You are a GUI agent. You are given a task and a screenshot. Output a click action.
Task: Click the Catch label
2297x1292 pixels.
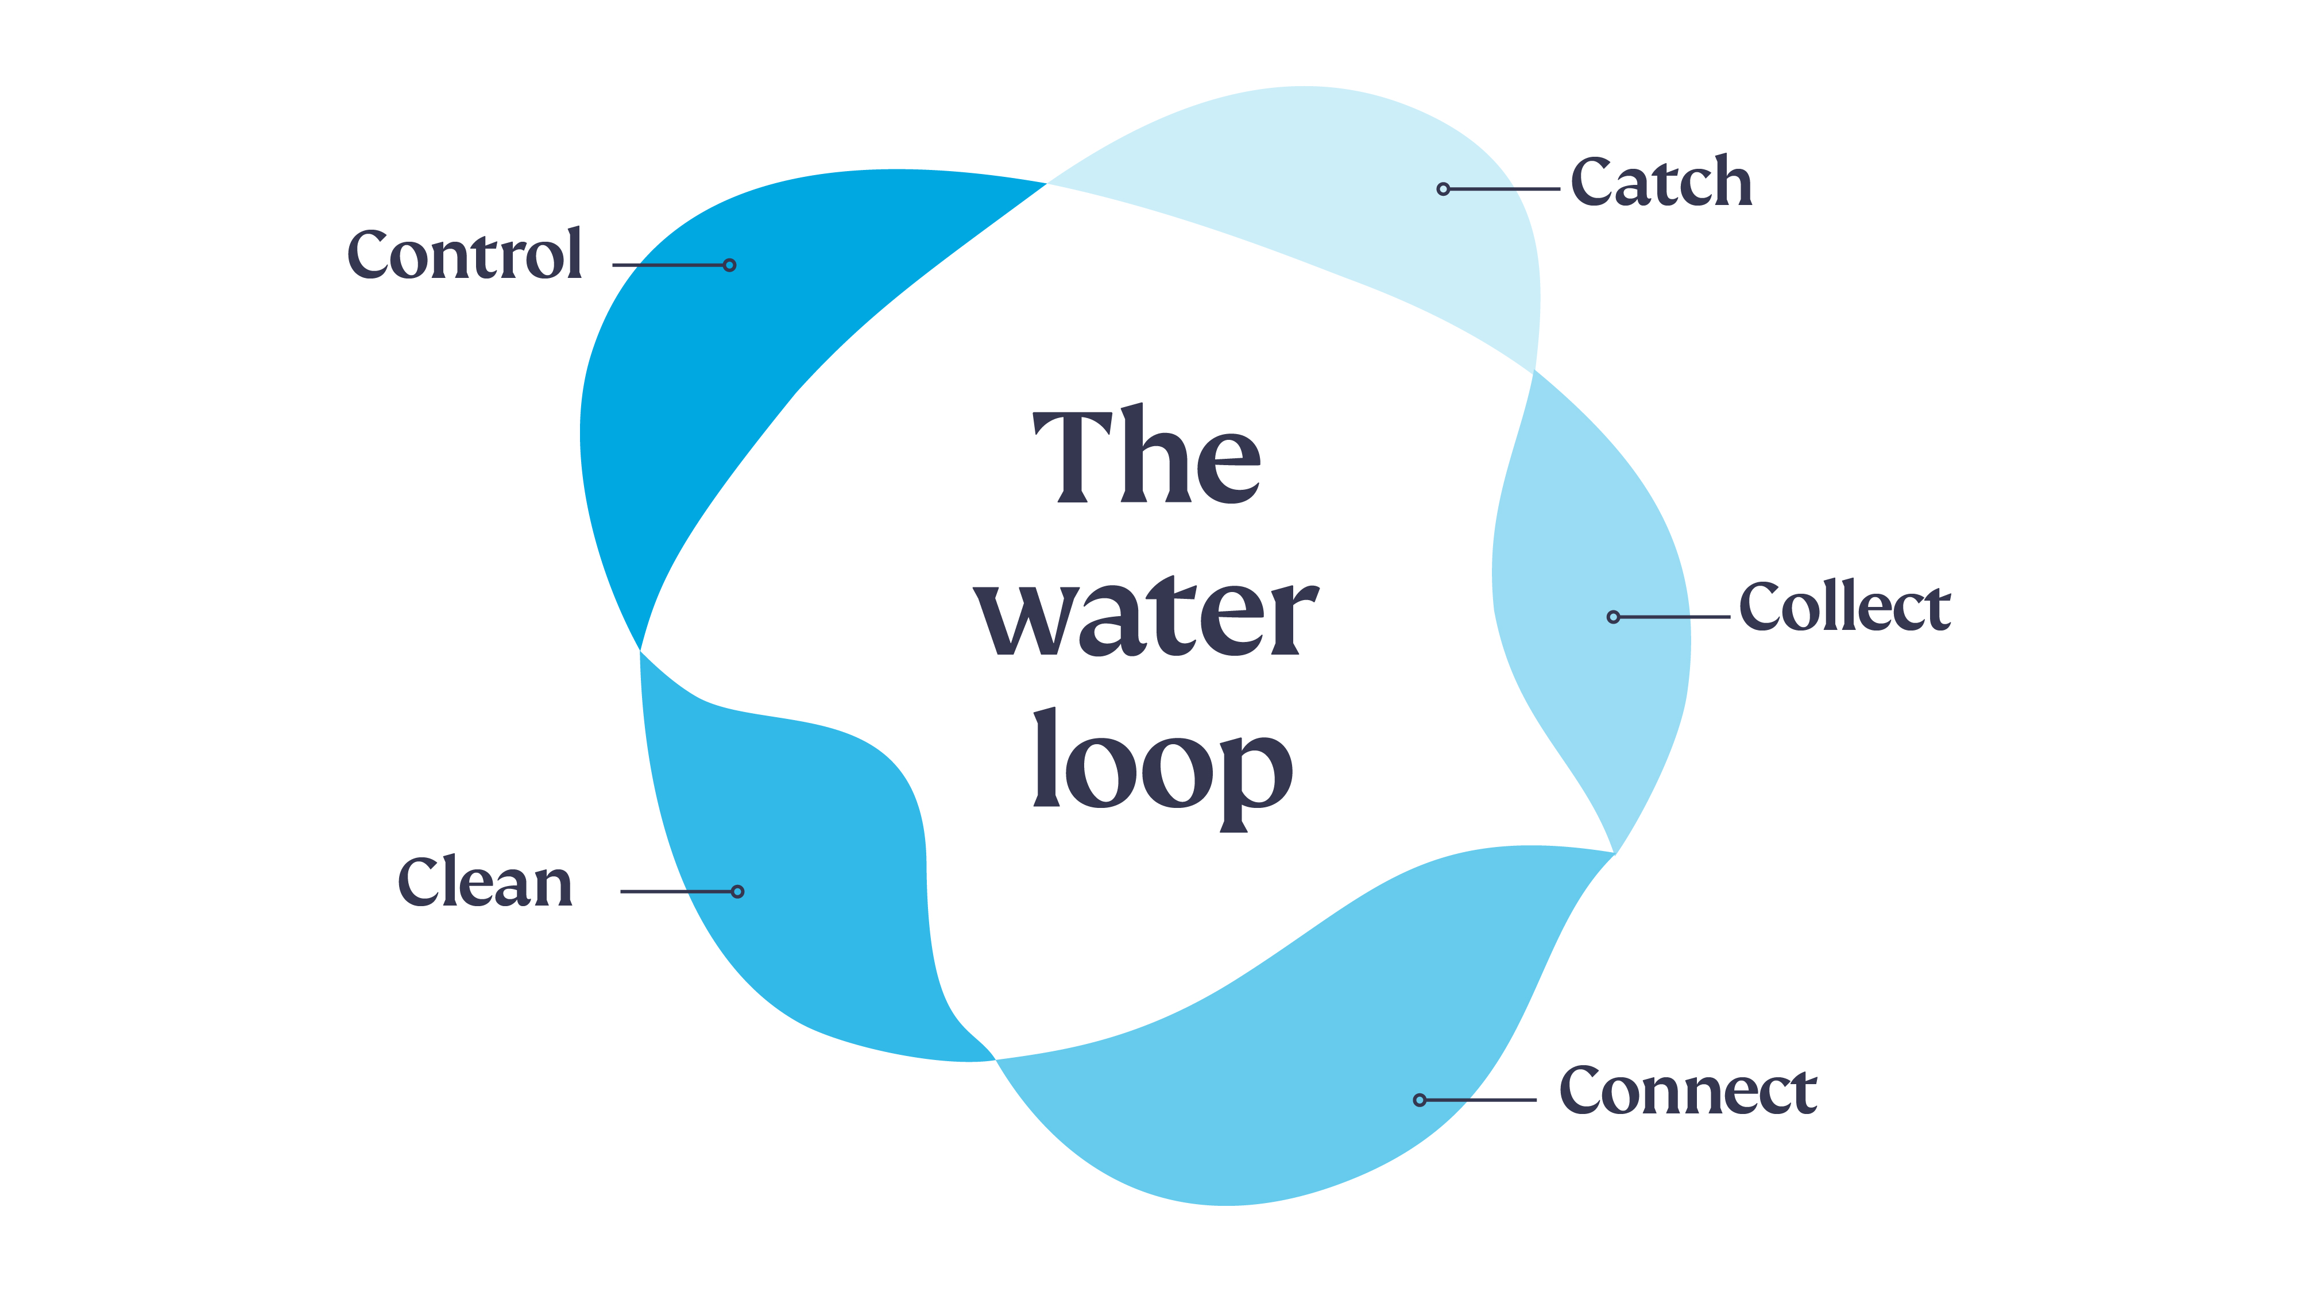(x=1660, y=183)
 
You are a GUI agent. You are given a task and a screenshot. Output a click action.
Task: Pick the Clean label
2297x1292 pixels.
(x=485, y=883)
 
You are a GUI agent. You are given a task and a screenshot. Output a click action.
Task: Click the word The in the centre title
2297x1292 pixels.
(x=1147, y=457)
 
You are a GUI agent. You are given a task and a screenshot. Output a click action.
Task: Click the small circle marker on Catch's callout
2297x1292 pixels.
(x=1443, y=189)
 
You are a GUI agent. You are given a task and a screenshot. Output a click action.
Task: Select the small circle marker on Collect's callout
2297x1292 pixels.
(x=1613, y=617)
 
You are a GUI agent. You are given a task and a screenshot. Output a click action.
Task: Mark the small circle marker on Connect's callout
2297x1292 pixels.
(x=1420, y=1100)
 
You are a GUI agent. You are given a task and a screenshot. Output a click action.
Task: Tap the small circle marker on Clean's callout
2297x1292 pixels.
(x=737, y=892)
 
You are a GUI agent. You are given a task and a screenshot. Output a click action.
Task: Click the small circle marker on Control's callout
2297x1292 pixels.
(x=729, y=265)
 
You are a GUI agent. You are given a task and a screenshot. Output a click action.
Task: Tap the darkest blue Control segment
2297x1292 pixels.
(x=731, y=357)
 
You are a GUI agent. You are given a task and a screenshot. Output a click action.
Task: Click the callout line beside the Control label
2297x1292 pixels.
(x=669, y=265)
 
